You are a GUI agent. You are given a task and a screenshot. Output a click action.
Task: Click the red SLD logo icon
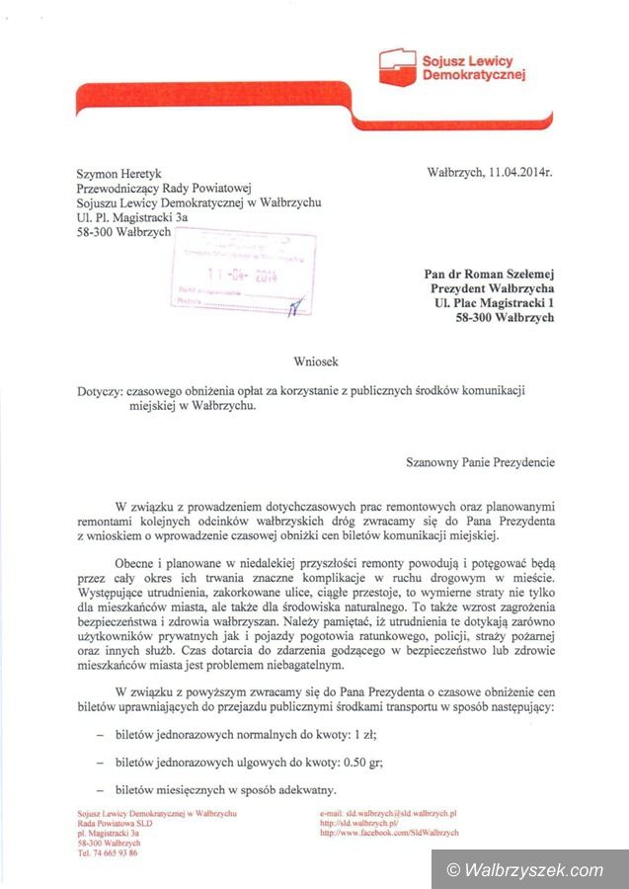tap(399, 65)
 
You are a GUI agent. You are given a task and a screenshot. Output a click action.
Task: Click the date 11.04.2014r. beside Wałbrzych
tap(519, 172)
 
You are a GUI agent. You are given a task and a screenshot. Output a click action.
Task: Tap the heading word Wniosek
tap(314, 363)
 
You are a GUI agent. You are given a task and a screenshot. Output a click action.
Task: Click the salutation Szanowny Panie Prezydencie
tap(480, 461)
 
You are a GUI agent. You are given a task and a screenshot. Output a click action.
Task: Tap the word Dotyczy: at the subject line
tap(100, 391)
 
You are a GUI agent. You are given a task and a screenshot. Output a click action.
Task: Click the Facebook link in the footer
tap(390, 833)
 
